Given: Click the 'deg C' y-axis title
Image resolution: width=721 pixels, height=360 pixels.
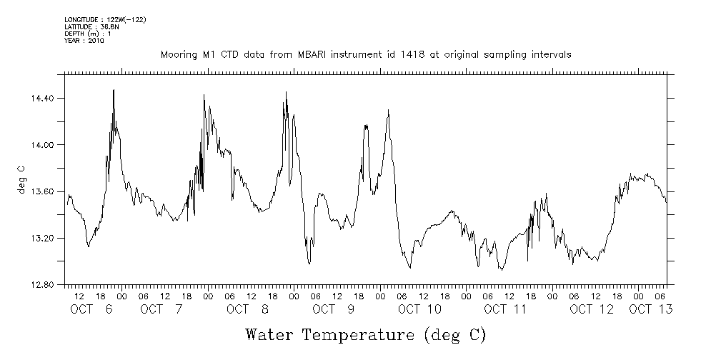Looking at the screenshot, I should pos(21,179).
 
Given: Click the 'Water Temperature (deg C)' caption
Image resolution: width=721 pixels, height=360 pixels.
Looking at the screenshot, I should pos(366,334).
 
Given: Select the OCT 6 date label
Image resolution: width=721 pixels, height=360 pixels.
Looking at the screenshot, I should pos(91,309).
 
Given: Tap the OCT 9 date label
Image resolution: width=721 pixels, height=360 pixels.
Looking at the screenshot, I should pos(332,309).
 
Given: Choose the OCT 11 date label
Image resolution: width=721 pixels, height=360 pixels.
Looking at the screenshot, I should pos(504,309).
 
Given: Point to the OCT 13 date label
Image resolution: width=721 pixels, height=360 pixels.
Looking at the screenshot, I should pos(650,309).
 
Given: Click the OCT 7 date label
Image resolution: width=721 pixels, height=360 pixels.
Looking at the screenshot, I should pos(161,309).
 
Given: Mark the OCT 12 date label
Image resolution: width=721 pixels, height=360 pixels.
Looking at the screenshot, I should pos(592,309).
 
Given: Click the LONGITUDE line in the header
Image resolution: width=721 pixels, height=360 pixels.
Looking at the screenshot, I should pos(105,20).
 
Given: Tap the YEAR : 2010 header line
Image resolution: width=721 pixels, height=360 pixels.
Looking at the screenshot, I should pos(84,41).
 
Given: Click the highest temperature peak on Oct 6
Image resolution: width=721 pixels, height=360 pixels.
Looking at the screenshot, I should pos(114,90).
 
